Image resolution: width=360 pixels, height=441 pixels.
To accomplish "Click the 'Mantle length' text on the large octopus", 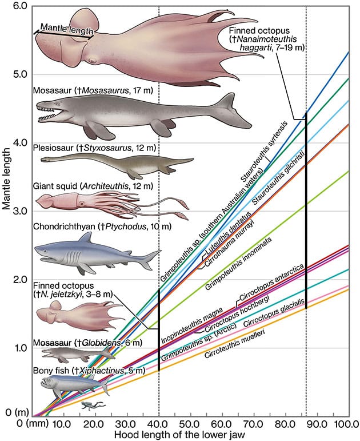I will pyautogui.click(x=66, y=25).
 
